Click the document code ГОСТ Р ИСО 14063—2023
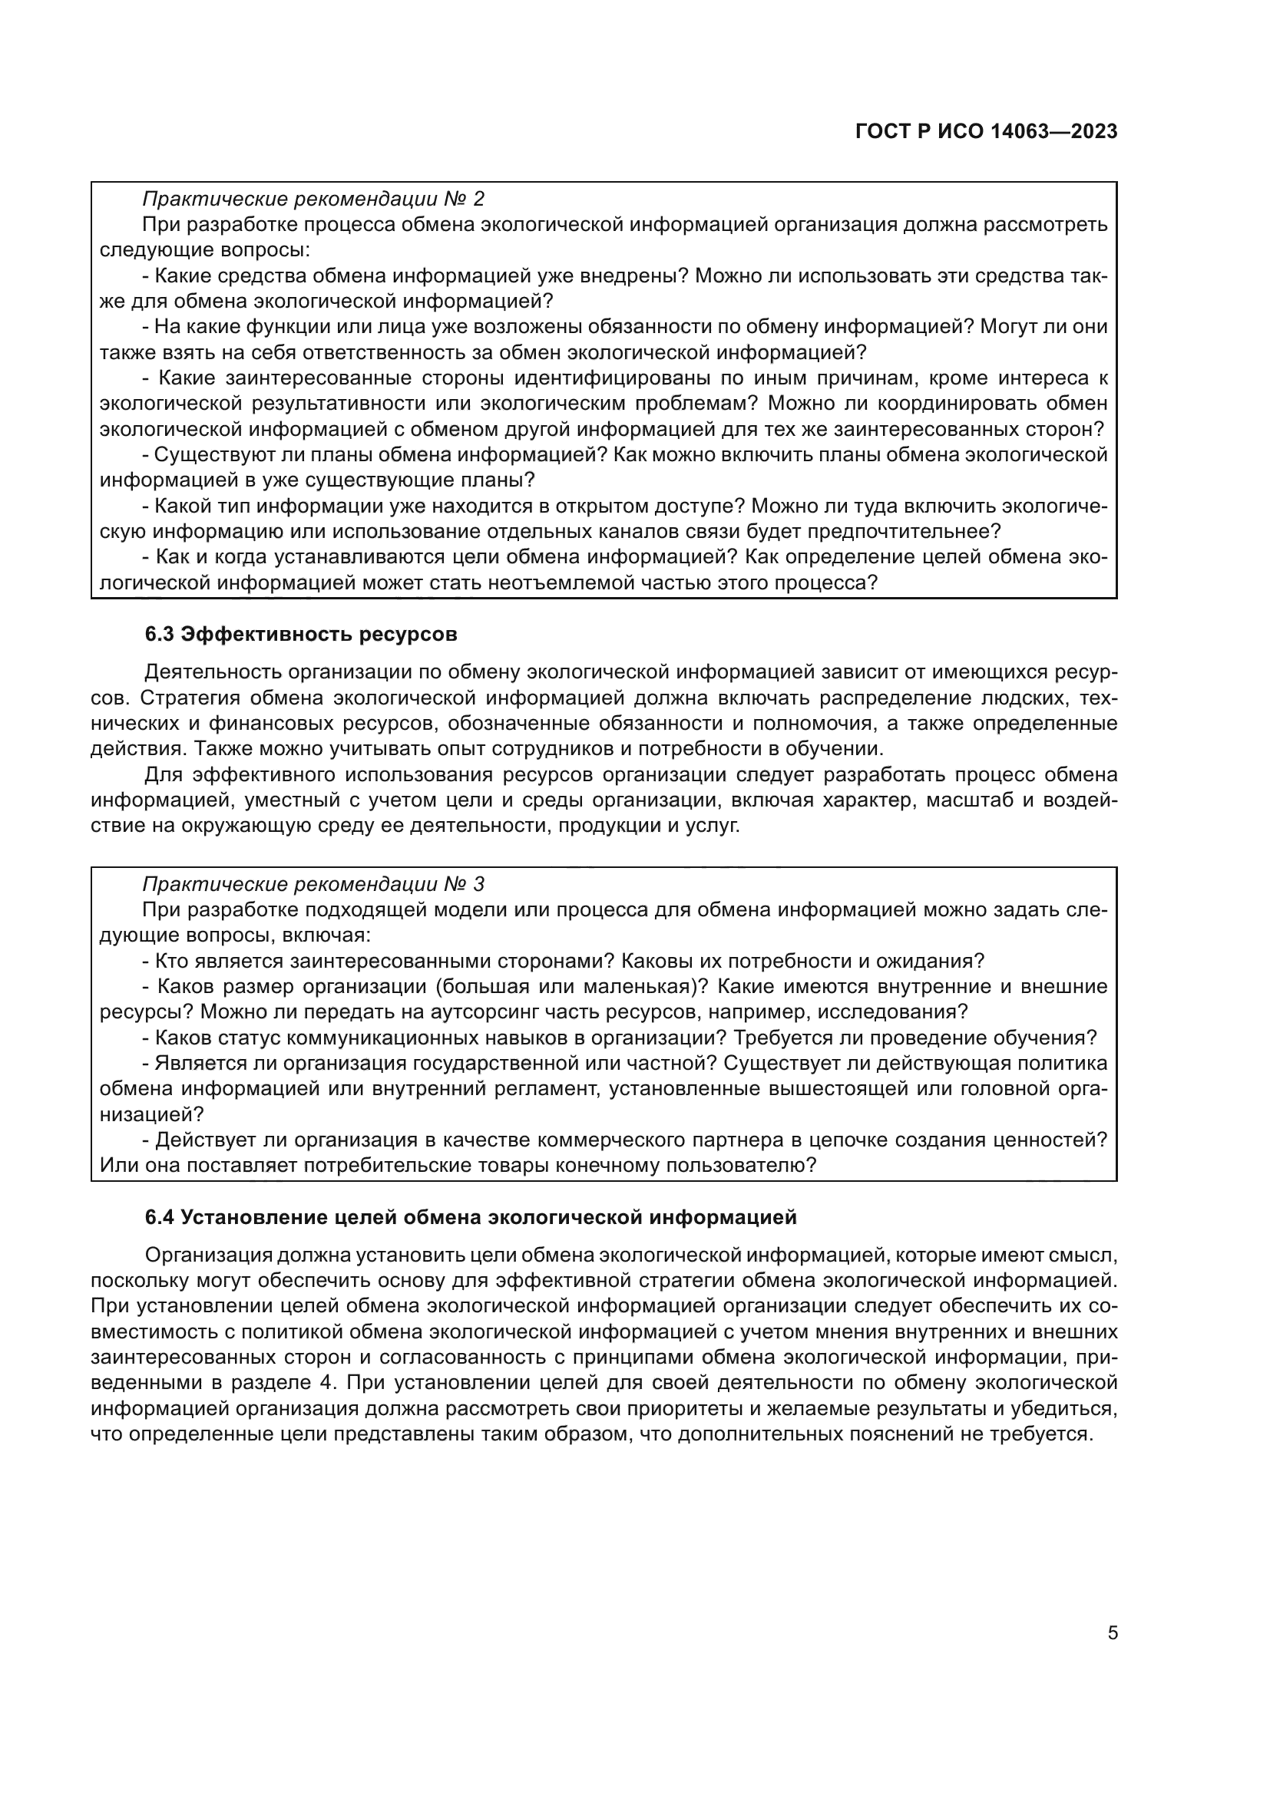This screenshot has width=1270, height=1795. pos(986,131)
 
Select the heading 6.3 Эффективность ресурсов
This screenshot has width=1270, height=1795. pos(300,634)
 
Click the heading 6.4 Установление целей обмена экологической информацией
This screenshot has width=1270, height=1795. pos(471,1217)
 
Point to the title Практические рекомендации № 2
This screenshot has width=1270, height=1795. pos(313,199)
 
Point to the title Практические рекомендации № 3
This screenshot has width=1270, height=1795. pos(313,884)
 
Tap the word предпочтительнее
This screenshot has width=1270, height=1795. pos(911,532)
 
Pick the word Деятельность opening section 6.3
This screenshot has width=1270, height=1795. pos(213,672)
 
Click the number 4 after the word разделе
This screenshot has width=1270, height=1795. pos(326,1382)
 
